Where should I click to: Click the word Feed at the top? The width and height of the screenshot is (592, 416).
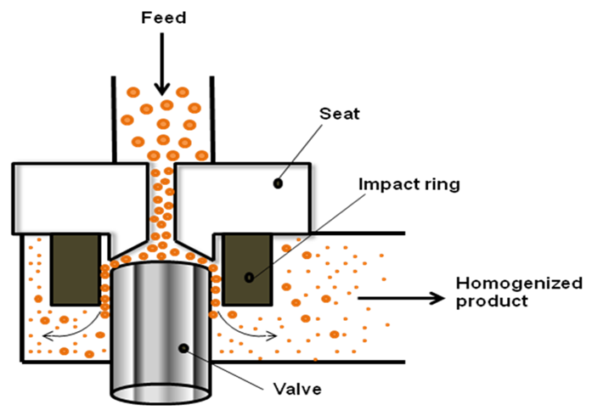coord(163,18)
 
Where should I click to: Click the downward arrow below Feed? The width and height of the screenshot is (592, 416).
coord(162,64)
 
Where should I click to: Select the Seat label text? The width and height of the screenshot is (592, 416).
coord(340,114)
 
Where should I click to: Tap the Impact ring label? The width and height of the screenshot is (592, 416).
coord(409,184)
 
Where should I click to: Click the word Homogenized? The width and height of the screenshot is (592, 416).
coord(519,283)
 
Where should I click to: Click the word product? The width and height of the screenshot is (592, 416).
coord(492,301)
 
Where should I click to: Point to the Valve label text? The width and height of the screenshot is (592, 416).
coord(297,389)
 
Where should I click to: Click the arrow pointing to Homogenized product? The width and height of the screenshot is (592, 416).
coord(402,298)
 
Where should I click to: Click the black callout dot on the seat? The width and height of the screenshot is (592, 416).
coord(278,184)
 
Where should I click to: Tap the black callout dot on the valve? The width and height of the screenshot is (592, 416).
coord(183,348)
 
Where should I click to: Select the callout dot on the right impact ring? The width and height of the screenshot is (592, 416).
coord(249,278)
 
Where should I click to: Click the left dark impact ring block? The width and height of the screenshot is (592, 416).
coord(76,269)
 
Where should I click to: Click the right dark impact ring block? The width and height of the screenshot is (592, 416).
coord(247,269)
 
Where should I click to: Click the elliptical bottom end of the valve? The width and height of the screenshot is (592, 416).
coord(161,394)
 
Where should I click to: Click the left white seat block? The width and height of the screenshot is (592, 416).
coord(79,199)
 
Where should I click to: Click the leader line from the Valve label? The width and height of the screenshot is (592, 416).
coord(223,369)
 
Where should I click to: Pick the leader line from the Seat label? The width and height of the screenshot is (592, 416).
coord(300,154)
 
